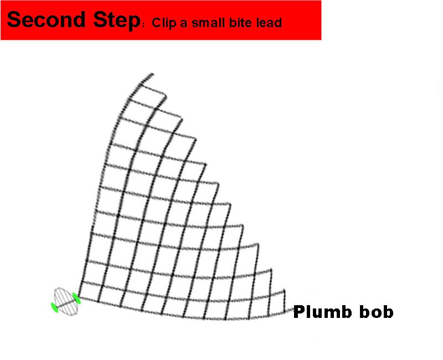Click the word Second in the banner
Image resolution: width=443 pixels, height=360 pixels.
tap(46, 19)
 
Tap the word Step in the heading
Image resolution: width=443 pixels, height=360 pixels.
tap(117, 21)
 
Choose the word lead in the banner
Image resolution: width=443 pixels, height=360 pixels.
tap(269, 22)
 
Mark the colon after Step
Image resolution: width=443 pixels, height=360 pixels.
tap(144, 25)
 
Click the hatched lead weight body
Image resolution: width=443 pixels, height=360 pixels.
tap(66, 302)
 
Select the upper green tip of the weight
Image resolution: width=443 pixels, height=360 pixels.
tap(76, 299)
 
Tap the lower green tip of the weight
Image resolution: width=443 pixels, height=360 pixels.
tap(54, 307)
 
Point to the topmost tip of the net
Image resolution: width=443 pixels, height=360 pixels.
tap(153, 74)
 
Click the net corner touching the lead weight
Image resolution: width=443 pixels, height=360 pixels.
tap(79, 297)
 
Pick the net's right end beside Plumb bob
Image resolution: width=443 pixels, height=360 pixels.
tap(292, 310)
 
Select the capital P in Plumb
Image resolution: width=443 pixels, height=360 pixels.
tap(299, 312)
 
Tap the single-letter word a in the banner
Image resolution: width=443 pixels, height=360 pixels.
tap(184, 24)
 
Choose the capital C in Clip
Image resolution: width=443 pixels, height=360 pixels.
tap(157, 23)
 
